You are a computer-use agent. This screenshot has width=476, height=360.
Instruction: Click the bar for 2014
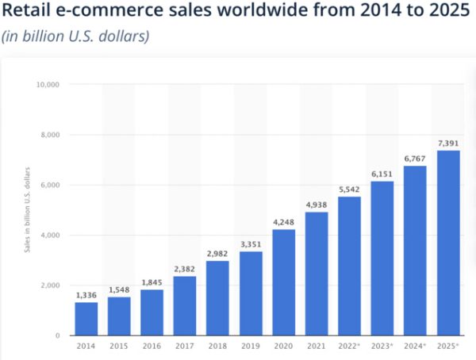point(86,319)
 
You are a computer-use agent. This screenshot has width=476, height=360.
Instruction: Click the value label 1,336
point(86,295)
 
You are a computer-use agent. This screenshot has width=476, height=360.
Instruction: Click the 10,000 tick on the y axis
point(48,84)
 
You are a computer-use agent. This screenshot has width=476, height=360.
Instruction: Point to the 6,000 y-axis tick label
point(50,185)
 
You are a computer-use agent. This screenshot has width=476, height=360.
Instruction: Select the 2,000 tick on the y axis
point(50,285)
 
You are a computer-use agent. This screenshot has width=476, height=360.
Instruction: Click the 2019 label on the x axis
point(250,347)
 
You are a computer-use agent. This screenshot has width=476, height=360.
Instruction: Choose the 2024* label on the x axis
point(413,347)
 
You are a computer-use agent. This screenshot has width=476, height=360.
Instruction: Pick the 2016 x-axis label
point(152,347)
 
